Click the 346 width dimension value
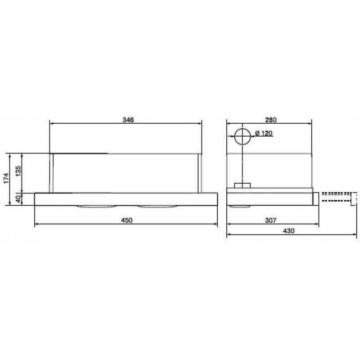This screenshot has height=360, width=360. [128, 120]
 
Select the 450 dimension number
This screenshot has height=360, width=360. [127, 220]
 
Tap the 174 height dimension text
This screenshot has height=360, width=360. [6, 178]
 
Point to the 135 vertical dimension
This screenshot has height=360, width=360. [18, 171]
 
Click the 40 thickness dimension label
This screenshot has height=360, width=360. [18, 199]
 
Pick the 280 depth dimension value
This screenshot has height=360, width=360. [271, 120]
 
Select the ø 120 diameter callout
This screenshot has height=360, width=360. [264, 133]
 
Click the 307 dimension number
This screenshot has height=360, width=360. [270, 220]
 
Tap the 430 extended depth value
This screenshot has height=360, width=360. [288, 231]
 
